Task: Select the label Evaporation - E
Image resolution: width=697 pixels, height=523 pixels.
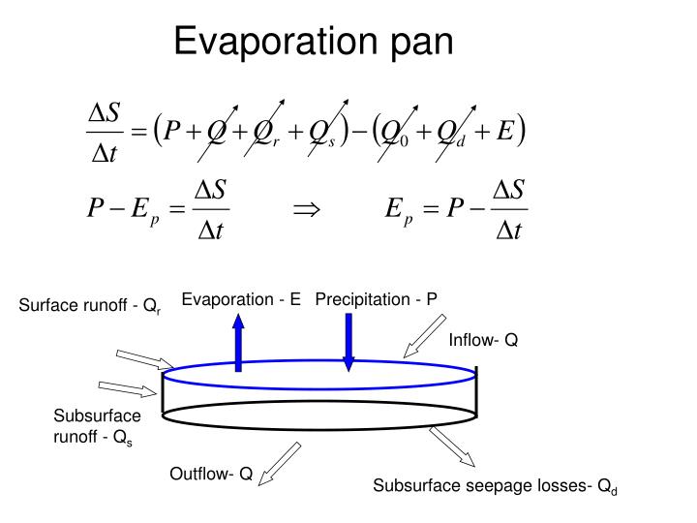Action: [x=242, y=299]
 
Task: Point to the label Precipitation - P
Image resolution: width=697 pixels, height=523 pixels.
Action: [x=377, y=299]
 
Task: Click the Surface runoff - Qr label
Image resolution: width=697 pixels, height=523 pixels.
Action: [x=91, y=307]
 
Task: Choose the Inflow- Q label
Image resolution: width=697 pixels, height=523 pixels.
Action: [x=483, y=340]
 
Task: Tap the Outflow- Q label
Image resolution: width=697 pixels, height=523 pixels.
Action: [x=211, y=474]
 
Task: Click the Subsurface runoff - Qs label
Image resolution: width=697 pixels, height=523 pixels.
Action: [x=97, y=427]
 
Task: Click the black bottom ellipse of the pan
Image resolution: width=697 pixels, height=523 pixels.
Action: [x=320, y=415]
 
